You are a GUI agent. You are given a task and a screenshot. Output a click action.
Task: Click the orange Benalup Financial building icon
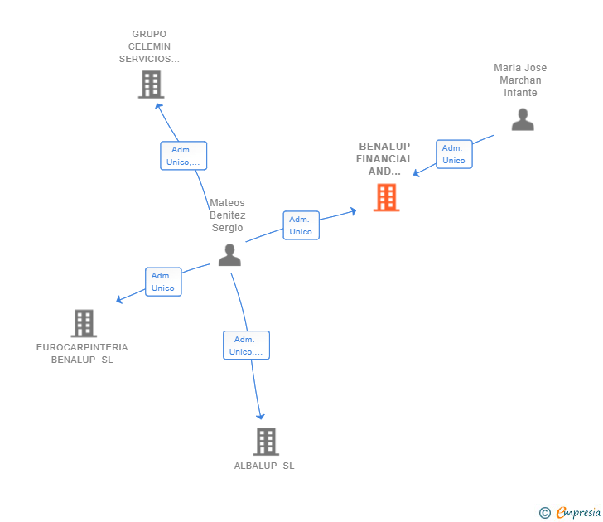pos(386,198)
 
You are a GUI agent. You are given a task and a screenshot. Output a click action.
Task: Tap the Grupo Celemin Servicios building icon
pos(151,85)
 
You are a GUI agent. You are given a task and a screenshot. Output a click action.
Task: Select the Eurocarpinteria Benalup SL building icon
pos(84,323)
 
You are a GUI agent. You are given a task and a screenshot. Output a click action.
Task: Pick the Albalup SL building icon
pos(265,442)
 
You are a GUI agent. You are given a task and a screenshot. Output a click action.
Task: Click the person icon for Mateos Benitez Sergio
pos(229,255)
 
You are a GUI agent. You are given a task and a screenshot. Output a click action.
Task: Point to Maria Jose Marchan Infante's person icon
pos(523,120)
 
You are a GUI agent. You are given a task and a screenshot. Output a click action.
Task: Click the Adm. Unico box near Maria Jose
pos(454,154)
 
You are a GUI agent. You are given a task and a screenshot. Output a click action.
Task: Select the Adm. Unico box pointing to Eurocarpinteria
pos(163,282)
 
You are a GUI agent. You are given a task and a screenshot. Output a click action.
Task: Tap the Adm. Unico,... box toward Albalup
pos(246,346)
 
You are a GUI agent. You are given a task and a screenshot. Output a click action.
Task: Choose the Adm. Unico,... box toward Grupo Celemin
pos(183,156)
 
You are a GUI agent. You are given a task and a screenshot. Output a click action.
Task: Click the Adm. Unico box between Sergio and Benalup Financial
pos(301,225)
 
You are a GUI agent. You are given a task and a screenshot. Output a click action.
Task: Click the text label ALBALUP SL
pos(264,466)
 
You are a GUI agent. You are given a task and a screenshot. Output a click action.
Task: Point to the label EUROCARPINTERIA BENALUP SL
pos(82,354)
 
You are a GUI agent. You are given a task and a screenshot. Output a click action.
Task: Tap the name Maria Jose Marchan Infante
pos(520,80)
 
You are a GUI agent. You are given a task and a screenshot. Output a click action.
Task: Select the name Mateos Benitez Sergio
pos(228,215)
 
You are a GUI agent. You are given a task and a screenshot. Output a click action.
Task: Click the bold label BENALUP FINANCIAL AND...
pos(384,159)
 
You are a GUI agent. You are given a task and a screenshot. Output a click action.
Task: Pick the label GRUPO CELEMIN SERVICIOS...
pos(149,47)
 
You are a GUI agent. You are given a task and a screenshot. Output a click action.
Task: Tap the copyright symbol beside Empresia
pos(545,513)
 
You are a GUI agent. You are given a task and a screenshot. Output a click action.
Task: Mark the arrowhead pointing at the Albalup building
pos(261,416)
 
